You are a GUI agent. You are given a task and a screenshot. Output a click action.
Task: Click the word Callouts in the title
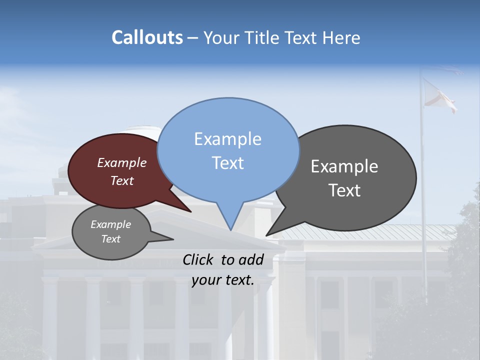(147, 37)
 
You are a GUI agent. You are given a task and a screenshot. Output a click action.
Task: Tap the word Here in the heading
(341, 37)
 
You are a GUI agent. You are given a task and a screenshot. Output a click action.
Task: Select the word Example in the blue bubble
(227, 139)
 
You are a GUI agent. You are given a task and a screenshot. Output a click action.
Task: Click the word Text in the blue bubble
(227, 163)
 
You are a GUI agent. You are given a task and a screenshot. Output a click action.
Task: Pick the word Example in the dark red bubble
(121, 162)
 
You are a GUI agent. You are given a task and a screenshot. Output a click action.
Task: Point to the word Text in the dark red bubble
(121, 180)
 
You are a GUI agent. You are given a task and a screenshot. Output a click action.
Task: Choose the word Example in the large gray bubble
(344, 166)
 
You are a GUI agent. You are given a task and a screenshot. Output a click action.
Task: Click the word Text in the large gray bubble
(344, 190)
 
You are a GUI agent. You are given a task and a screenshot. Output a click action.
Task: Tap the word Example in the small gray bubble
(110, 224)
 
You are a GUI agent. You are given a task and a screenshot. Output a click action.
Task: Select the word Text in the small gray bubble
(110, 239)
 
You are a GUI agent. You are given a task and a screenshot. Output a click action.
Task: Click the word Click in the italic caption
(199, 259)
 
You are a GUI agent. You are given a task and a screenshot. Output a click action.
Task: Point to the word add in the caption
(251, 259)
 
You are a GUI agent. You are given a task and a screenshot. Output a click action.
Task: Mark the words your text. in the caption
(222, 280)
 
